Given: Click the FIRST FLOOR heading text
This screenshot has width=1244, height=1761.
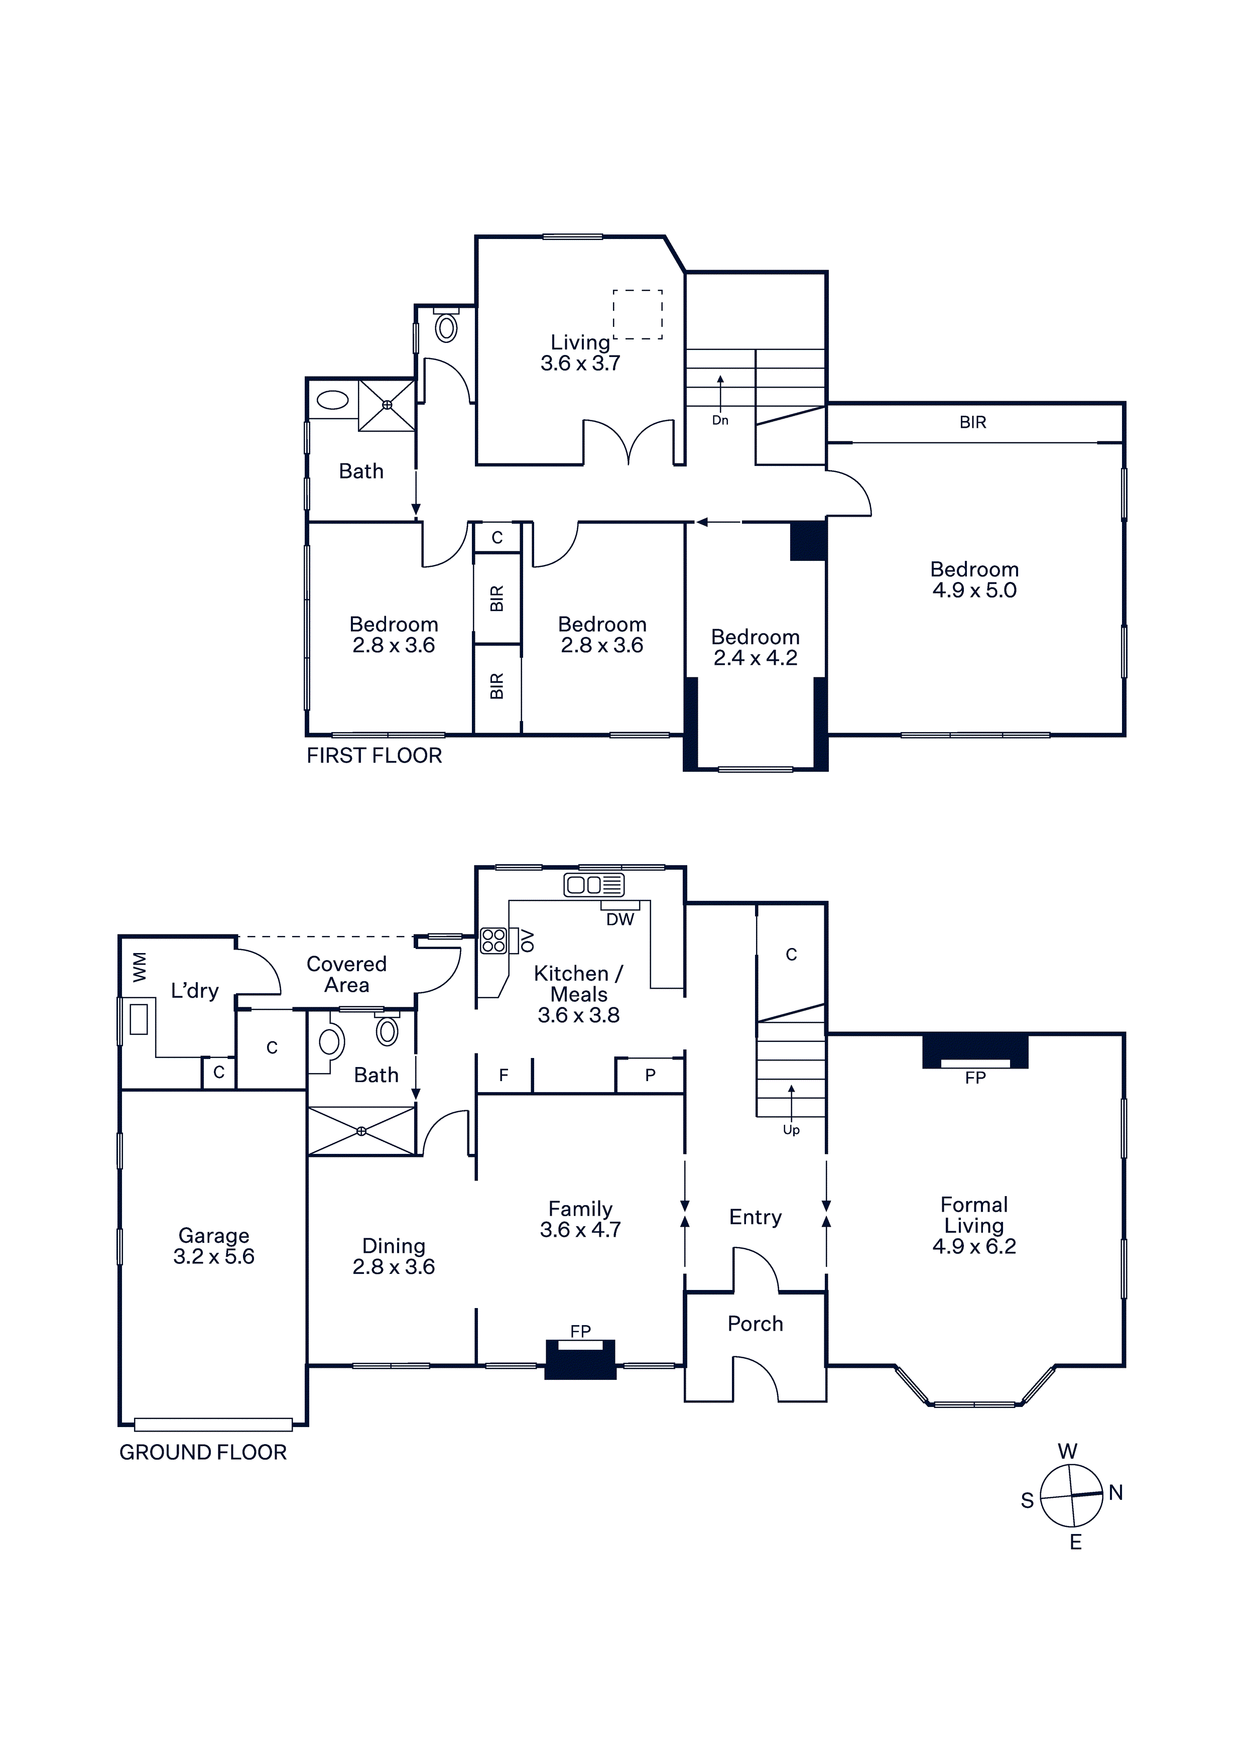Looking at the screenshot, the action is point(375,756).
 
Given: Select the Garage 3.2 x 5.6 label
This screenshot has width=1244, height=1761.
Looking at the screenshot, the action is point(214,1246).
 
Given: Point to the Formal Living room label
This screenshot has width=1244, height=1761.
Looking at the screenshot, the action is point(974,1225).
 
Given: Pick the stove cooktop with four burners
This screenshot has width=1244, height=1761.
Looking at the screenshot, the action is point(493,941).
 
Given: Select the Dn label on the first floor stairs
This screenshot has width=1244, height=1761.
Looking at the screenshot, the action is point(720,420).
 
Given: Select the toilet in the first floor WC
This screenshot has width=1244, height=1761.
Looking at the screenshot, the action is point(446,325).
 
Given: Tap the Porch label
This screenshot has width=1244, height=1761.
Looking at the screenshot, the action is point(756,1324).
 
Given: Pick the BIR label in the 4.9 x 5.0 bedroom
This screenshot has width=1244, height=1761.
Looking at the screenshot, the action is point(972,422).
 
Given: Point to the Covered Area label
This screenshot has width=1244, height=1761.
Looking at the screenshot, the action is point(347,975).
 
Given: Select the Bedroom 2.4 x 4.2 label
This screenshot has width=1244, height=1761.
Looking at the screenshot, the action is point(756,647).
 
